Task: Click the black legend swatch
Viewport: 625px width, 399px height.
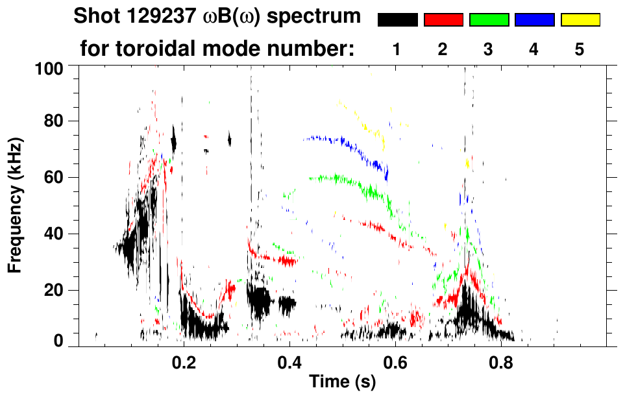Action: pyautogui.click(x=398, y=20)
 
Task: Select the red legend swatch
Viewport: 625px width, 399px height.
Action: pyautogui.click(x=443, y=20)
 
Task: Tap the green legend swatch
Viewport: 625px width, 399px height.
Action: pyautogui.click(x=489, y=20)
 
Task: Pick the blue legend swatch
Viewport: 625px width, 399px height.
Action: pyautogui.click(x=534, y=20)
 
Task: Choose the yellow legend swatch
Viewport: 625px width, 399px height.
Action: pyautogui.click(x=580, y=20)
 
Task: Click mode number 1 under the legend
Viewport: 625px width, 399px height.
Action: pyautogui.click(x=397, y=49)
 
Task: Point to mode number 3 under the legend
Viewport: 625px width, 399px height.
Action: pyautogui.click(x=489, y=49)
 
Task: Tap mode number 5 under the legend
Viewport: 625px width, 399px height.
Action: pyautogui.click(x=579, y=49)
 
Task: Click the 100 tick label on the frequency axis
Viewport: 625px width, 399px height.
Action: pyautogui.click(x=50, y=68)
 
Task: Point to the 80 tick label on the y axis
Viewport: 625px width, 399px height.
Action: pyautogui.click(x=54, y=121)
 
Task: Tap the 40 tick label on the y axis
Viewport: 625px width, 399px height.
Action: pyautogui.click(x=54, y=234)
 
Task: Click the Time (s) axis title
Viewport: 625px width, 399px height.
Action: pyautogui.click(x=341, y=383)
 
